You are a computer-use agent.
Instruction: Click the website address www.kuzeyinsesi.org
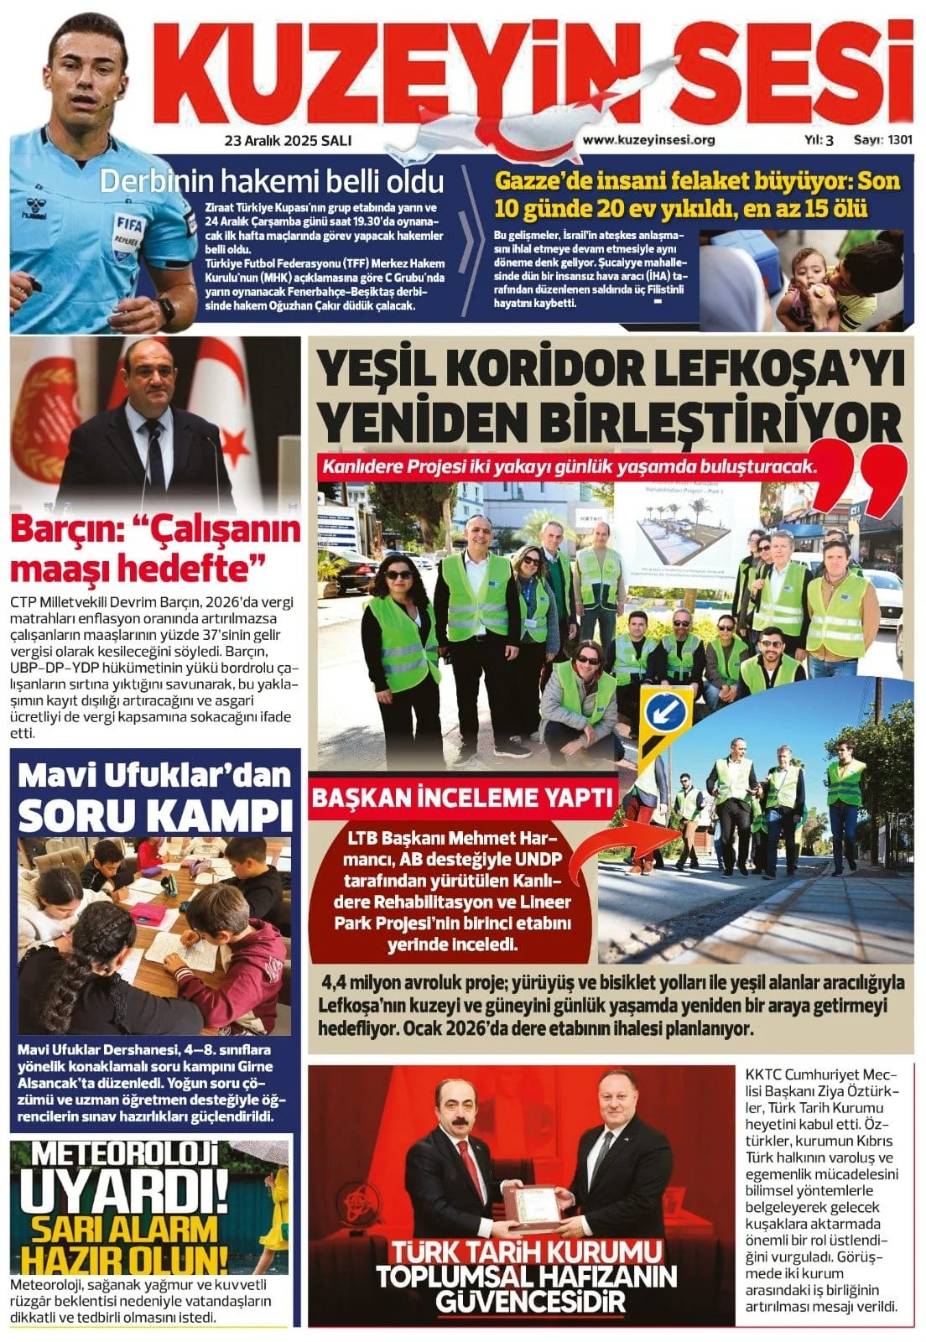coord(648,140)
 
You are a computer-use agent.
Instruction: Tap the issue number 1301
coord(899,140)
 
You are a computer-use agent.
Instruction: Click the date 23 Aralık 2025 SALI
coord(288,141)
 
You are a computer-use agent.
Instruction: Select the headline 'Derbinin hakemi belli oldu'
coord(272,180)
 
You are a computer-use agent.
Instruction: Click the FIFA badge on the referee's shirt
coord(129,226)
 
